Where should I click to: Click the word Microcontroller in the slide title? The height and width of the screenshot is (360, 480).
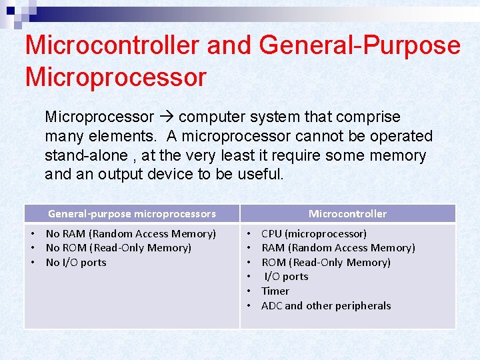(111, 45)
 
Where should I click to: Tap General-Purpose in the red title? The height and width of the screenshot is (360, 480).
(360, 45)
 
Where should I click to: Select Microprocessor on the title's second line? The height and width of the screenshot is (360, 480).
(115, 77)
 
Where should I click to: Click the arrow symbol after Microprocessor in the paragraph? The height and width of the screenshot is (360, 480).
(166, 117)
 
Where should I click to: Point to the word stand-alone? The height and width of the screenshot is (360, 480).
(84, 155)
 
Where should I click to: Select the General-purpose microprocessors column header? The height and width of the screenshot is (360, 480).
(132, 214)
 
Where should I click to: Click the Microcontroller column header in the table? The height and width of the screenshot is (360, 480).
(347, 214)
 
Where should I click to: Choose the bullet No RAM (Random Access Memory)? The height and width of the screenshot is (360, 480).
(131, 233)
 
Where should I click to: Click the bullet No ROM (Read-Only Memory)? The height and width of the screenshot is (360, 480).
(118, 248)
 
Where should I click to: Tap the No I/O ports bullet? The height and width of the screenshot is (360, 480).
(76, 263)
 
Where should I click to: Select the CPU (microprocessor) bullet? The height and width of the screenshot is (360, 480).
(314, 233)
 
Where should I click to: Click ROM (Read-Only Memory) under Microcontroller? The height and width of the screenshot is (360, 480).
(326, 263)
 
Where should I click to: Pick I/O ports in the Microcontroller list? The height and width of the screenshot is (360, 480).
(286, 277)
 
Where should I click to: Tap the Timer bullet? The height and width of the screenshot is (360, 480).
(275, 291)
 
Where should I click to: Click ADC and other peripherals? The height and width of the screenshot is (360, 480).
(326, 306)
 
